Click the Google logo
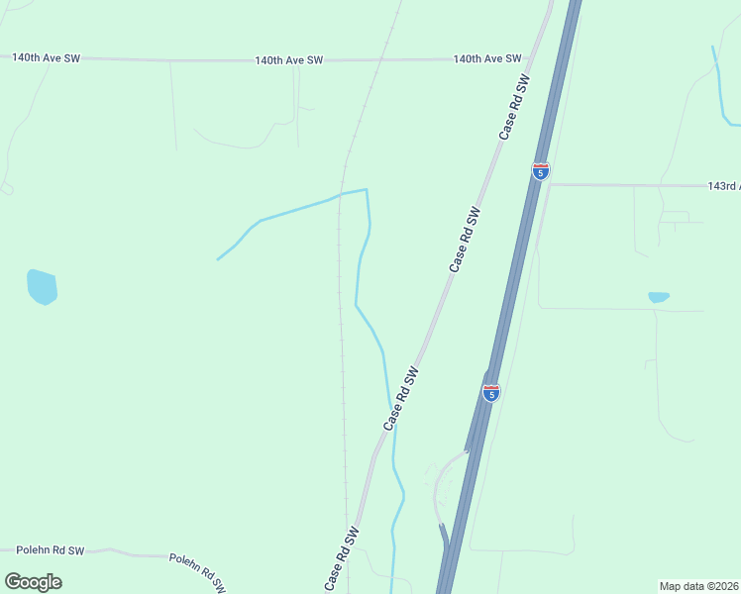click(x=33, y=582)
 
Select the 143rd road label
click(x=723, y=186)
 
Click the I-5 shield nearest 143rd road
click(x=540, y=171)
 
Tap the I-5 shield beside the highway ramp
click(x=491, y=393)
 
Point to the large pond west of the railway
click(x=42, y=287)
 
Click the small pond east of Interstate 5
click(x=658, y=297)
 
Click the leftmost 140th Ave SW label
click(x=46, y=58)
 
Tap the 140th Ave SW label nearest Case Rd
click(x=487, y=59)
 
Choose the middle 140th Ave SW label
click(x=289, y=60)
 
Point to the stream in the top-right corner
click(x=720, y=89)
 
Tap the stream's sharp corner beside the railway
click(x=367, y=189)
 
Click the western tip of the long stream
click(x=218, y=259)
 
